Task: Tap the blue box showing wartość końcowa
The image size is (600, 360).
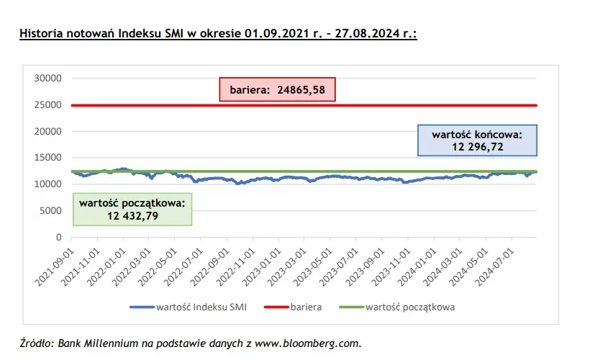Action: (476, 140)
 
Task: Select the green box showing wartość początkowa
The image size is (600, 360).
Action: (131, 210)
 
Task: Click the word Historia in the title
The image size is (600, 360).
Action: (39, 33)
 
